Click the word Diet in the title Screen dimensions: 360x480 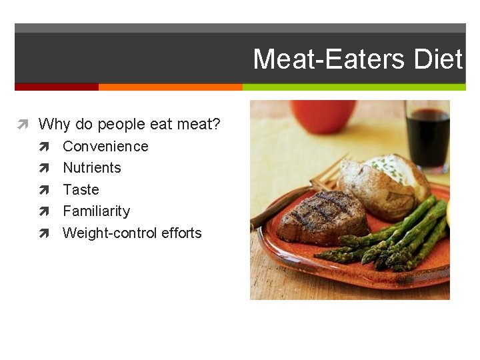[x=437, y=59]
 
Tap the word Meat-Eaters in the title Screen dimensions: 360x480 [x=329, y=59]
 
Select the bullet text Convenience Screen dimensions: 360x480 [x=105, y=146]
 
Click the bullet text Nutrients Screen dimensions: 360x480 [x=92, y=167]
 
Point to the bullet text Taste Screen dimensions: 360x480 [x=81, y=189]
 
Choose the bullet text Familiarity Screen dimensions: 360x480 [x=96, y=211]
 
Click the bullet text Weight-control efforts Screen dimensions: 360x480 [x=132, y=233]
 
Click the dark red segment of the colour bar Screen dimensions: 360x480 [x=56, y=87]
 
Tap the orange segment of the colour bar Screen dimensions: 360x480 [x=170, y=87]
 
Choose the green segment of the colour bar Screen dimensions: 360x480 [x=353, y=87]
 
